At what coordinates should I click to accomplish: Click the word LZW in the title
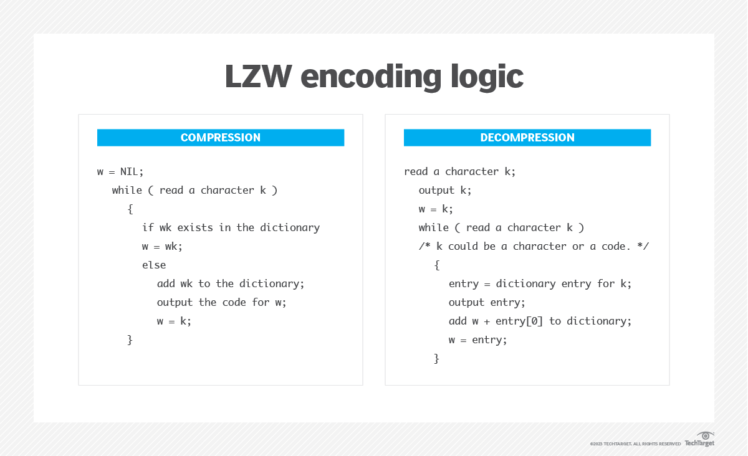coord(259,76)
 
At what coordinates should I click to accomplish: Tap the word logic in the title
coord(487,77)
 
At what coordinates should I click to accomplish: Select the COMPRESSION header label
coord(221,138)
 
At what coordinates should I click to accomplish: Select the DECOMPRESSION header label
coord(527,138)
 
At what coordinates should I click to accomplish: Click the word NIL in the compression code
coord(129,171)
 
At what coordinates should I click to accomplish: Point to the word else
coord(154,265)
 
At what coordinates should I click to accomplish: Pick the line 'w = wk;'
coord(162,246)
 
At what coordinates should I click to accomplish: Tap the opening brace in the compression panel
coord(130,209)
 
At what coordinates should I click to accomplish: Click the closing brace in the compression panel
coord(130,340)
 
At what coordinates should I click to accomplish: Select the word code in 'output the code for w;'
coord(234,302)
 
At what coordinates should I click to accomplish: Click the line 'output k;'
coord(445,190)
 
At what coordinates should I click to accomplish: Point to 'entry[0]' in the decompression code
coord(519,321)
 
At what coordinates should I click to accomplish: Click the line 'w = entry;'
coord(478,340)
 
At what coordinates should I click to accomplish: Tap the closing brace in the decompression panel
coord(436,359)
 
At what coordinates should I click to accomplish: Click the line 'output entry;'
coord(487,302)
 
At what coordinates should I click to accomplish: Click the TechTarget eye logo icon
coord(705,435)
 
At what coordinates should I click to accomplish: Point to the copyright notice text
coord(635,444)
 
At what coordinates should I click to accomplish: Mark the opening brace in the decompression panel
coord(437,265)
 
